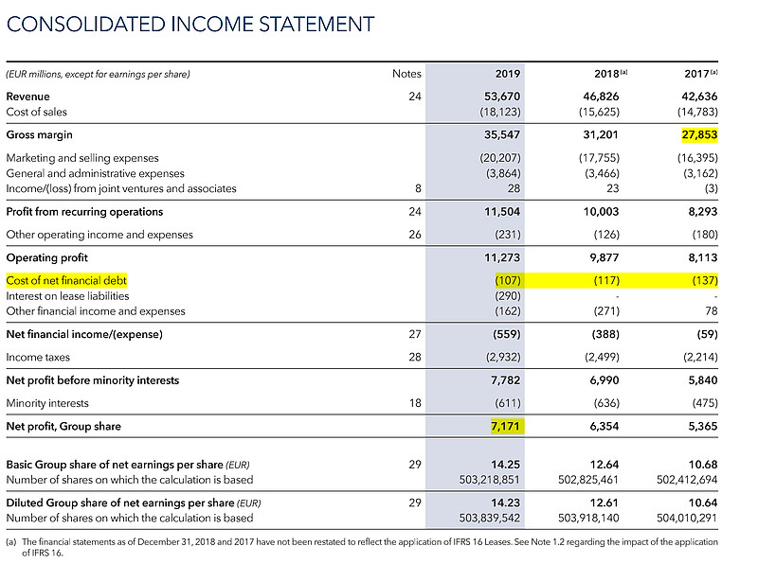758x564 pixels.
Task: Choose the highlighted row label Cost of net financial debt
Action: coord(66,281)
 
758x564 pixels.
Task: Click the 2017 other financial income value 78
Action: coord(712,310)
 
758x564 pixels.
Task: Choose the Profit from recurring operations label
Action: coord(84,212)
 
